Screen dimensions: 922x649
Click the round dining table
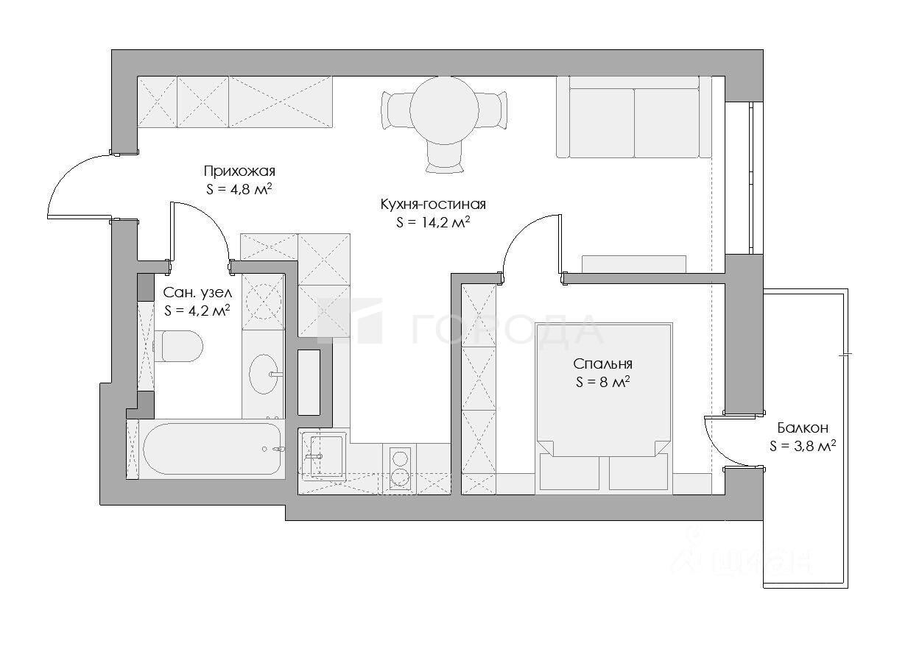[x=444, y=110]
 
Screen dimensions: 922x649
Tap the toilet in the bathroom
[x=178, y=346]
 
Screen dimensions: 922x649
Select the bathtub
[x=212, y=449]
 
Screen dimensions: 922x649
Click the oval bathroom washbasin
[x=264, y=375]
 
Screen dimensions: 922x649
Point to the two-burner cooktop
[x=400, y=469]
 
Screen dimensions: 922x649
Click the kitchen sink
[x=323, y=455]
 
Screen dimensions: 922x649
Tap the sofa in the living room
[x=634, y=117]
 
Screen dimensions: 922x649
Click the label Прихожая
[x=239, y=171]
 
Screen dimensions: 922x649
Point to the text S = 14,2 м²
[x=433, y=222]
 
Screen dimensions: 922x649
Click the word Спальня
[x=602, y=364]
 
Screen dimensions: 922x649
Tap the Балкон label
[x=803, y=428]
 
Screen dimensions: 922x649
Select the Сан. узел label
[x=197, y=293]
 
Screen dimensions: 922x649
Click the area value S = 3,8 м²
[x=803, y=446]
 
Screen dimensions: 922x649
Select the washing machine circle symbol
[x=264, y=302]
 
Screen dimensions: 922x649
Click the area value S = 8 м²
[x=603, y=383]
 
